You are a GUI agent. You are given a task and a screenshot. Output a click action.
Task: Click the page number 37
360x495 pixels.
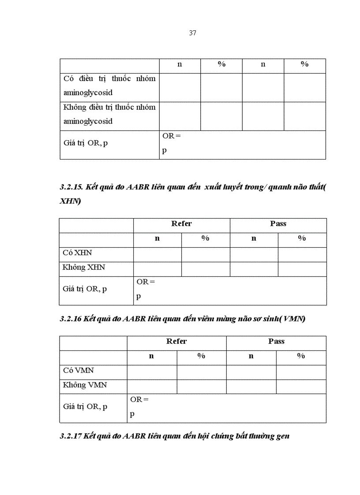coord(192,33)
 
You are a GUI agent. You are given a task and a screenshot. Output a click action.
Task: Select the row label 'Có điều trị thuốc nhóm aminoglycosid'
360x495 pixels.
coord(109,86)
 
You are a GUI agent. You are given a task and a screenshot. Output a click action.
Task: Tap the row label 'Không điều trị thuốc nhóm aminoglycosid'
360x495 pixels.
coord(109,114)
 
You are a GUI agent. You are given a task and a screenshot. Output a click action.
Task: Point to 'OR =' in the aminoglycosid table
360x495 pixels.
coord(171,136)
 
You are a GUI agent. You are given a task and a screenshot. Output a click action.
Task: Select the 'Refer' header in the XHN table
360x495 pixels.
coord(181,224)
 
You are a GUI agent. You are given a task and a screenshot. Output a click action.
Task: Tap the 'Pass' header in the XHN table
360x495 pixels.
coord(278,224)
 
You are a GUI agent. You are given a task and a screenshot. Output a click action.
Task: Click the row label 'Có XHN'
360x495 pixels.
coord(77,253)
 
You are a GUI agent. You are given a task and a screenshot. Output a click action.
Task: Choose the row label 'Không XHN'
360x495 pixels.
coord(84,268)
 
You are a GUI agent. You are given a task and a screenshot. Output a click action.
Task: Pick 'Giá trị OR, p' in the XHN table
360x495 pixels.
coord(85,289)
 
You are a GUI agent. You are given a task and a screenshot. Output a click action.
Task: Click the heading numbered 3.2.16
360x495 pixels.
coord(182,319)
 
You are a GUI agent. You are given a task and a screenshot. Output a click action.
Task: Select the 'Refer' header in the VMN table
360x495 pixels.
coord(176,342)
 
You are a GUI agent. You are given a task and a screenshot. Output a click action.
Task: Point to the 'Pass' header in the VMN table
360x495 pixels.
coord(276,342)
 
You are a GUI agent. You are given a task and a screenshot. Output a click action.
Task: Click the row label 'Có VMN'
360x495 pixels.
coord(78,371)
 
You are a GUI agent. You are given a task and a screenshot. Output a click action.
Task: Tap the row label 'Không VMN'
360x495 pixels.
coord(85,385)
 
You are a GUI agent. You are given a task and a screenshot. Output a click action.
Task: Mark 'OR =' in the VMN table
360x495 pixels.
coord(139,400)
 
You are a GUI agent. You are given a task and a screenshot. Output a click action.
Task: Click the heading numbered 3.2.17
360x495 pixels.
coord(174,436)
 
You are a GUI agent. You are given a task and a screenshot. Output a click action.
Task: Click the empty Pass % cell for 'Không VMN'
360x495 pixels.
coord(301,386)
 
